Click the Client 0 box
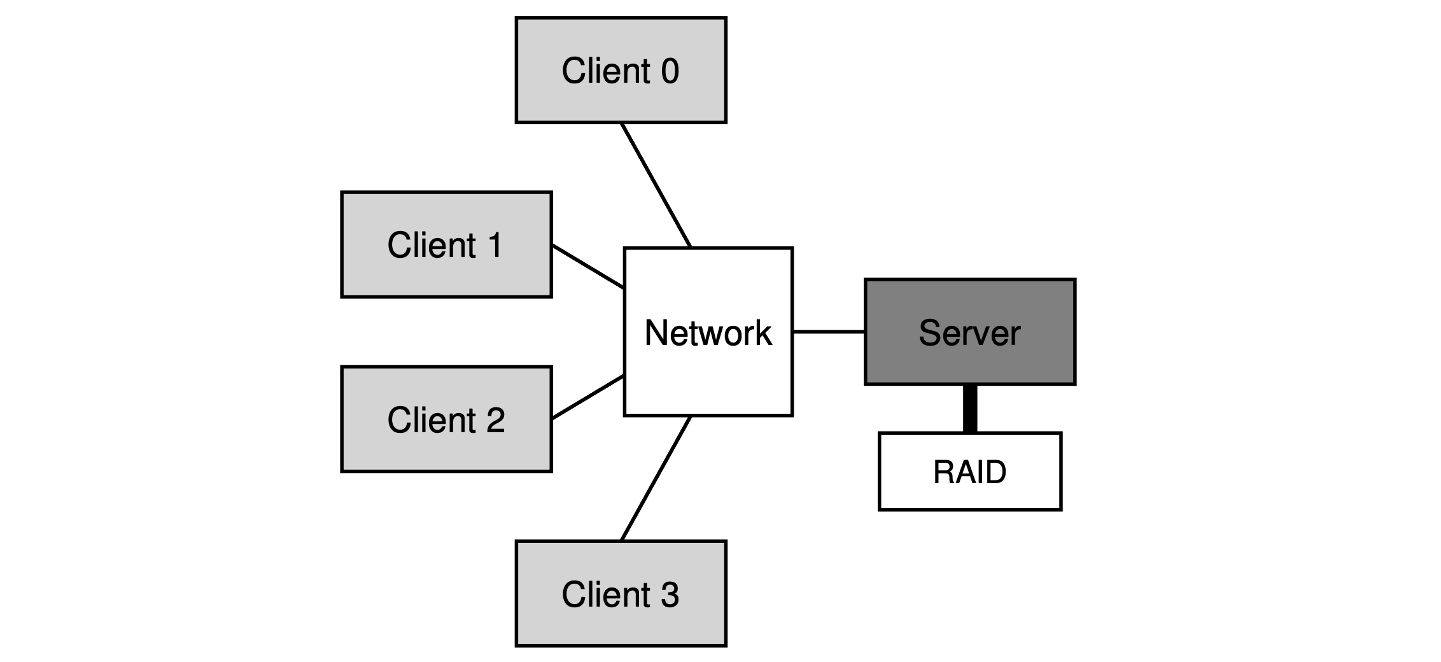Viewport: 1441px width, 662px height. [621, 70]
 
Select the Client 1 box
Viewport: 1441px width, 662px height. [446, 244]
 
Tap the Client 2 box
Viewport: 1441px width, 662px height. [446, 419]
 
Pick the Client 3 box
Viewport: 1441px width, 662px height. [621, 594]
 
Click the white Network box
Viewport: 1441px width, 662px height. [708, 332]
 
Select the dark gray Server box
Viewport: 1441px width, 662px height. [970, 332]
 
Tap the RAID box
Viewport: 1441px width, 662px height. [970, 472]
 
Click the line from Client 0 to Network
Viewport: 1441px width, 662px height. [656, 185]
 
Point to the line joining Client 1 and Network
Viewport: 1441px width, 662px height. [587, 266]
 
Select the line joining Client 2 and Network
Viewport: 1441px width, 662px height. [587, 397]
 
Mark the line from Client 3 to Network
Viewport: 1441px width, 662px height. [656, 478]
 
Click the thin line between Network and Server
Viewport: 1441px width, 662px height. [829, 332]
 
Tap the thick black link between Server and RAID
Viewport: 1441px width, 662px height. [970, 409]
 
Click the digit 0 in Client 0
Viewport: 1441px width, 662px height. [670, 71]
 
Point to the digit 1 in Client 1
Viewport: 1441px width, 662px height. [494, 245]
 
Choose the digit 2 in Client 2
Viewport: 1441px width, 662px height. [495, 419]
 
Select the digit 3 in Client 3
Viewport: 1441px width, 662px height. [670, 595]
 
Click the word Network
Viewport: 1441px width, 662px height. [708, 333]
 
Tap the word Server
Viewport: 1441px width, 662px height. [969, 333]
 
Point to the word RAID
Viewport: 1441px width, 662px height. [970, 472]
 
